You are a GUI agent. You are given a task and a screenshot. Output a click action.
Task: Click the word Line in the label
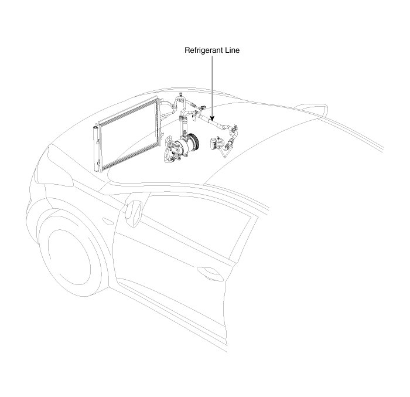point(232,51)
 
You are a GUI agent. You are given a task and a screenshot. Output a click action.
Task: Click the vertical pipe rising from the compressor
point(182,126)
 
